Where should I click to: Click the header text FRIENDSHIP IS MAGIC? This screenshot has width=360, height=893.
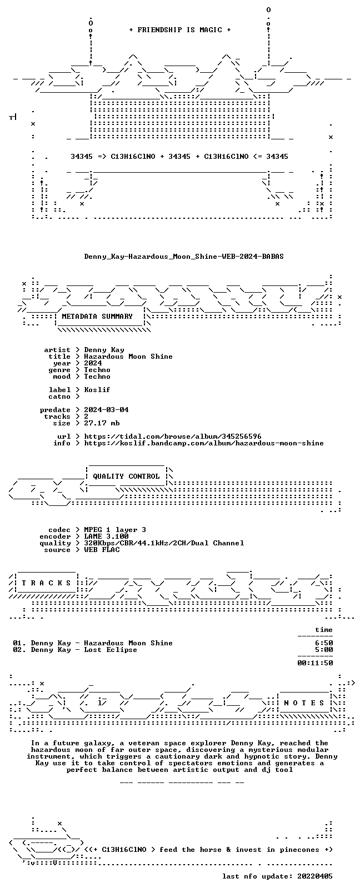[x=180, y=30]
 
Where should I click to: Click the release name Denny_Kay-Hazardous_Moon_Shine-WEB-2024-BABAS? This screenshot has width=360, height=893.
[x=184, y=257]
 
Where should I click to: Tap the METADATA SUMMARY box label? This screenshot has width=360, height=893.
[x=97, y=317]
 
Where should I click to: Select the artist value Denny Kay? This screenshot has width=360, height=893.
[x=104, y=350]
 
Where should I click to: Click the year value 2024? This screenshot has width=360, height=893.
[x=93, y=363]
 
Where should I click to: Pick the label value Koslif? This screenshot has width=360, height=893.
[x=97, y=390]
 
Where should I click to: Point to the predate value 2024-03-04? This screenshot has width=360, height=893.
[x=106, y=410]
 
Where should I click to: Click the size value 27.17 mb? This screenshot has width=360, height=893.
[x=102, y=423]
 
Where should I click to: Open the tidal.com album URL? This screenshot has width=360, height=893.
[x=173, y=437]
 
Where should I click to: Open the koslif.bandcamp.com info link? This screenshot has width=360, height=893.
[x=204, y=443]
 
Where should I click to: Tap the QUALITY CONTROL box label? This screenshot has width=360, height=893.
[x=126, y=476]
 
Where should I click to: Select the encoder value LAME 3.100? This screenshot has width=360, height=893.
[x=106, y=536]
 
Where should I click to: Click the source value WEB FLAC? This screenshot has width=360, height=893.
[x=102, y=550]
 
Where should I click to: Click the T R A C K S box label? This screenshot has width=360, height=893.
[x=46, y=583]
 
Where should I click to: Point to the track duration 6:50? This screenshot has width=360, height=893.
[x=324, y=643]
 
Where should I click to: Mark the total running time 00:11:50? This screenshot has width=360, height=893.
[x=315, y=663]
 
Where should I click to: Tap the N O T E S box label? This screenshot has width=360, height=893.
[x=304, y=703]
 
